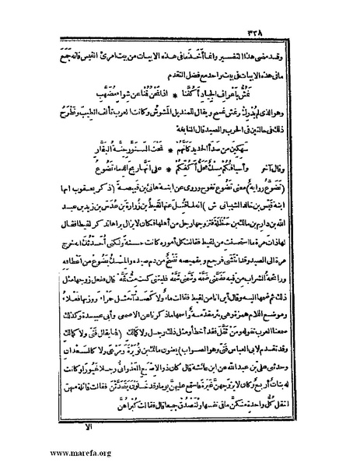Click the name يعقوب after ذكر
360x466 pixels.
click(x=98, y=191)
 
